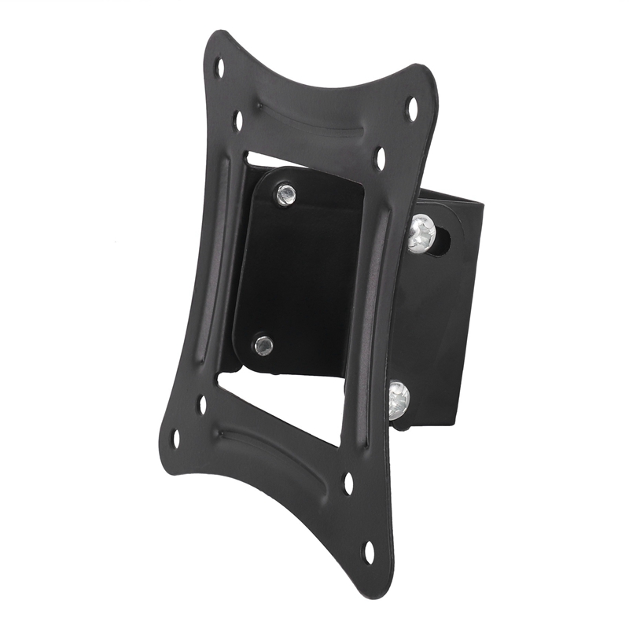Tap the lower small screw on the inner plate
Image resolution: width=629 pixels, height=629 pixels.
coord(264,344)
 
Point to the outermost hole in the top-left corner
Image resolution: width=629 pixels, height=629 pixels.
coord(220,68)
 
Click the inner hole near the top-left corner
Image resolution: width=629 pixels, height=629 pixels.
coord(238,120)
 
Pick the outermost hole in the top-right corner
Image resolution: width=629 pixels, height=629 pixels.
coord(411,109)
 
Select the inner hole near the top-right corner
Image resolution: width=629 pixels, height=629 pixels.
coord(381,158)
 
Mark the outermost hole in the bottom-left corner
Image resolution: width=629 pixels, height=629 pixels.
coord(175,438)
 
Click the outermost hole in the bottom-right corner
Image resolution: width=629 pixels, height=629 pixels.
coord(368,552)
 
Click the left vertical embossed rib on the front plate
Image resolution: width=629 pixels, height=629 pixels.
coord(212,259)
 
